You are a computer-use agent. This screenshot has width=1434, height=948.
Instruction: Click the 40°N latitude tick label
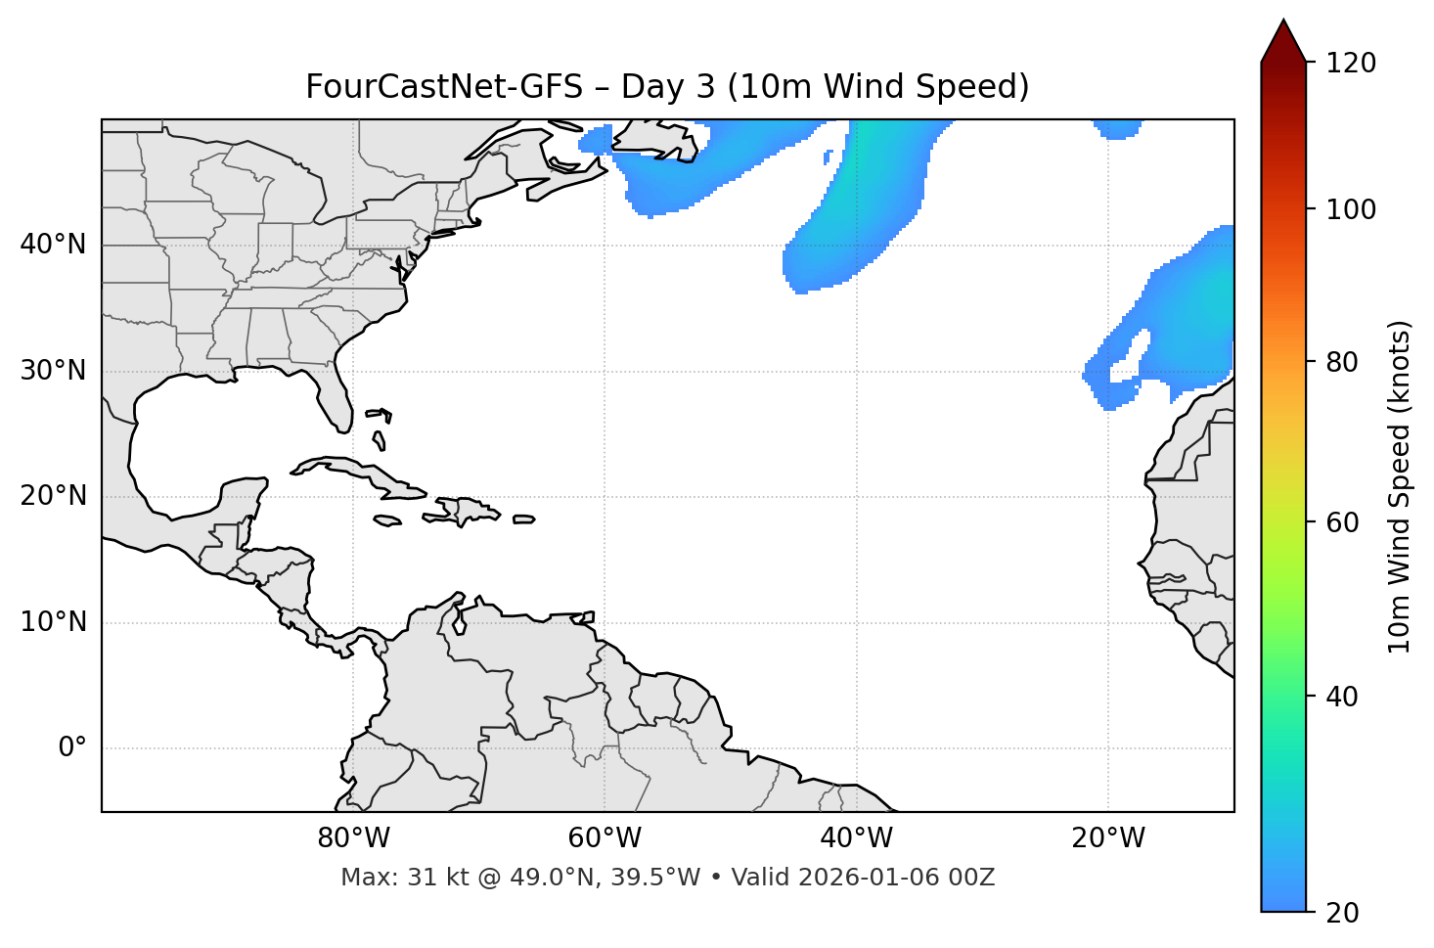pyautogui.click(x=53, y=245)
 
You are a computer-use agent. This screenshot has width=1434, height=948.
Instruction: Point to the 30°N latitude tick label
pyautogui.click(x=53, y=371)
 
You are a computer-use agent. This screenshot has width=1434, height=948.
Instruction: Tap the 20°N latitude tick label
pyautogui.click(x=53, y=496)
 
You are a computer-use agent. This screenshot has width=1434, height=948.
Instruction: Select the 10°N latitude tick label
pyautogui.click(x=53, y=622)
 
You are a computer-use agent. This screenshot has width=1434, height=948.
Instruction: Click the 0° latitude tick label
pyautogui.click(x=72, y=748)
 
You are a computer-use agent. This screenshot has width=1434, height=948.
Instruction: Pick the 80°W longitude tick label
pyautogui.click(x=353, y=838)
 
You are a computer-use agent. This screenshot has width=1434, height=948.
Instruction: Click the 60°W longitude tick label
pyautogui.click(x=605, y=838)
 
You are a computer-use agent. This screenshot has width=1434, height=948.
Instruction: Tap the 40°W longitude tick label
pyautogui.click(x=856, y=838)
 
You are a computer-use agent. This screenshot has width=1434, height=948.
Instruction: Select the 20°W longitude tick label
pyautogui.click(x=1107, y=838)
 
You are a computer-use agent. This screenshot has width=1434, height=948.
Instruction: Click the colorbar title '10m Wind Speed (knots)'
pyautogui.click(x=1400, y=486)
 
